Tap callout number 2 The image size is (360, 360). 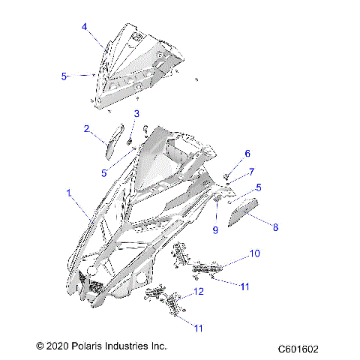88,128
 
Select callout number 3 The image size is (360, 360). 137,113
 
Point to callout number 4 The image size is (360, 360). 85,27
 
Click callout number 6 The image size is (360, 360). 247,154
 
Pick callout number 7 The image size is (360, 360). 252,171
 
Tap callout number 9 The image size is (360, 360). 214,230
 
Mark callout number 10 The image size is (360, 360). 255,254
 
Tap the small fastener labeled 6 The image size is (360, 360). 226,176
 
